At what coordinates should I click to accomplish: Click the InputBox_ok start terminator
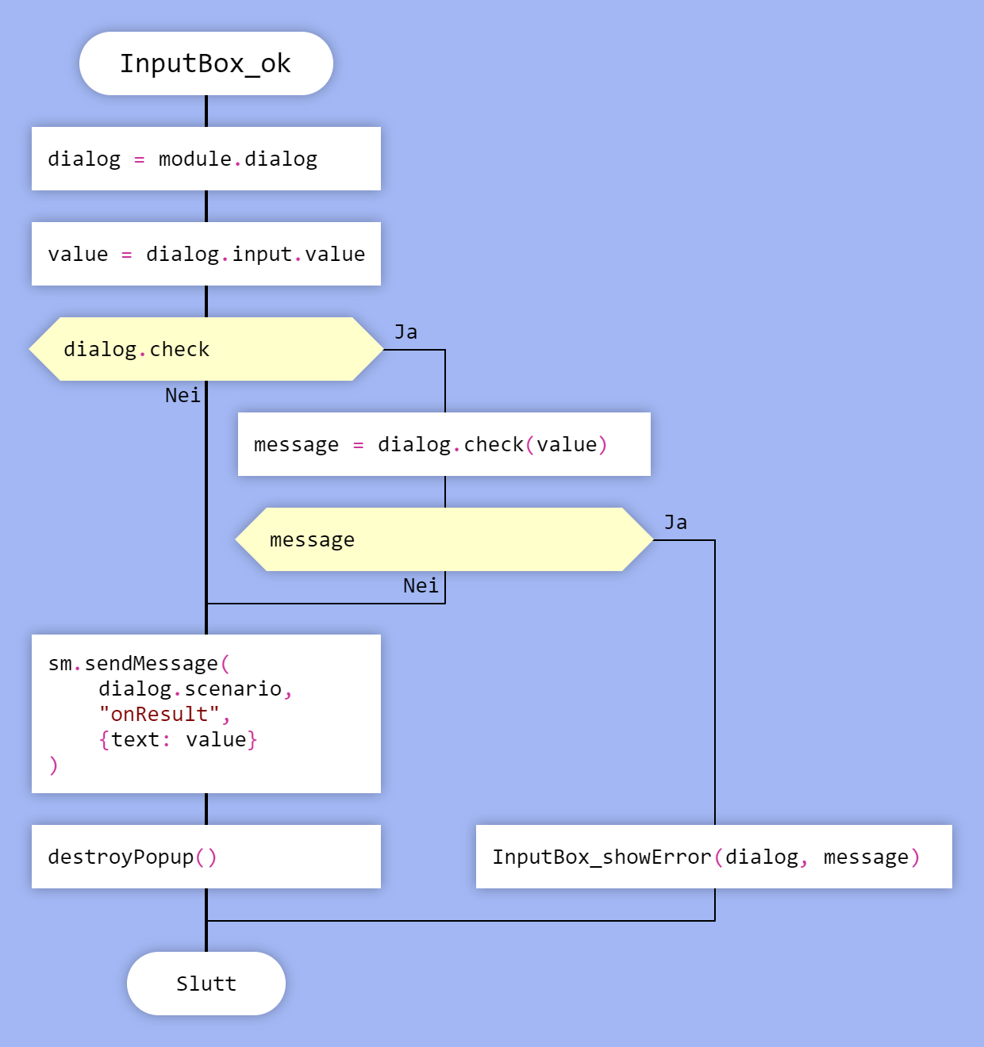click(x=206, y=63)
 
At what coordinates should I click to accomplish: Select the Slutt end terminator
click(x=206, y=984)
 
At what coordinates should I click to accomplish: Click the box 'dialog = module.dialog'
click(x=206, y=159)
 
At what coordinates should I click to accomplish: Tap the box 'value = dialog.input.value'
click(x=206, y=254)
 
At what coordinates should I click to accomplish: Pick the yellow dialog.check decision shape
click(x=206, y=349)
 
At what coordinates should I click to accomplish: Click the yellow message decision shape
click(x=444, y=539)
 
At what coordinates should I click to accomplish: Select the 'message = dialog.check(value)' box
click(x=444, y=444)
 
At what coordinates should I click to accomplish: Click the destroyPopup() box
click(x=206, y=857)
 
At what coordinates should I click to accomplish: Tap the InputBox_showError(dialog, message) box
click(x=713, y=857)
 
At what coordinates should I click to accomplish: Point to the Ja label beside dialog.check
click(x=406, y=332)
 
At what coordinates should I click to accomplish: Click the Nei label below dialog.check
click(x=183, y=395)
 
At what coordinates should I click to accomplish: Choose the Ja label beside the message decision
click(x=675, y=523)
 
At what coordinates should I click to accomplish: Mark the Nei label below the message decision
click(x=420, y=585)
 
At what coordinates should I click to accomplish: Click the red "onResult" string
click(x=159, y=714)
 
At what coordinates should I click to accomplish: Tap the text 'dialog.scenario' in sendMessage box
click(x=190, y=688)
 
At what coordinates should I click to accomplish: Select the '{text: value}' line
click(x=178, y=739)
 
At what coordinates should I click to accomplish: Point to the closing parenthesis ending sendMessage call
click(x=53, y=765)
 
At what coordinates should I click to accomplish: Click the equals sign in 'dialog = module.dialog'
click(x=140, y=159)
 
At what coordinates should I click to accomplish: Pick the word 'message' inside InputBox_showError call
click(x=866, y=857)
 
